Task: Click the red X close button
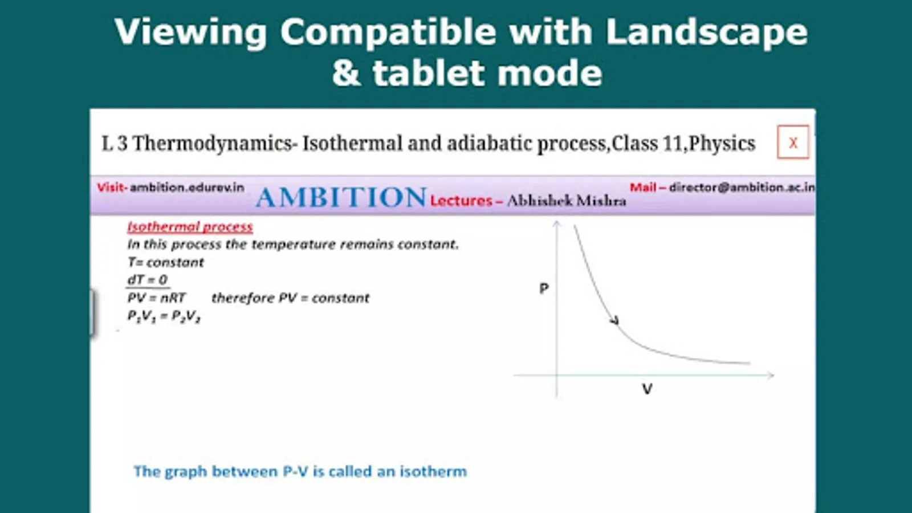tap(793, 142)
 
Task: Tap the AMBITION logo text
tap(341, 197)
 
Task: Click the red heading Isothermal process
tap(190, 227)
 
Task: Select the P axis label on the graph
tap(544, 288)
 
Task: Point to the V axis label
tap(647, 389)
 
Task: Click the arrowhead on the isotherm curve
tap(615, 320)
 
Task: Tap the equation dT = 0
tap(148, 280)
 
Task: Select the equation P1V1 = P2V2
tap(164, 316)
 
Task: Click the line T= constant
tap(165, 263)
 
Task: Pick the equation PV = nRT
tap(156, 298)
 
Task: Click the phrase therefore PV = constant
tap(290, 298)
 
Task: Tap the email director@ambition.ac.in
tap(742, 188)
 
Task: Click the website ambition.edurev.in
tap(187, 188)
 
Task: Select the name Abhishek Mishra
tap(567, 201)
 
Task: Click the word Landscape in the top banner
tap(707, 32)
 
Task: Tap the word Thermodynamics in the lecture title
tap(215, 144)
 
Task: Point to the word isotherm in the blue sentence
tap(433, 471)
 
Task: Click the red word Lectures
tap(461, 201)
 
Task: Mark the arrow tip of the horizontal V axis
tap(773, 375)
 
